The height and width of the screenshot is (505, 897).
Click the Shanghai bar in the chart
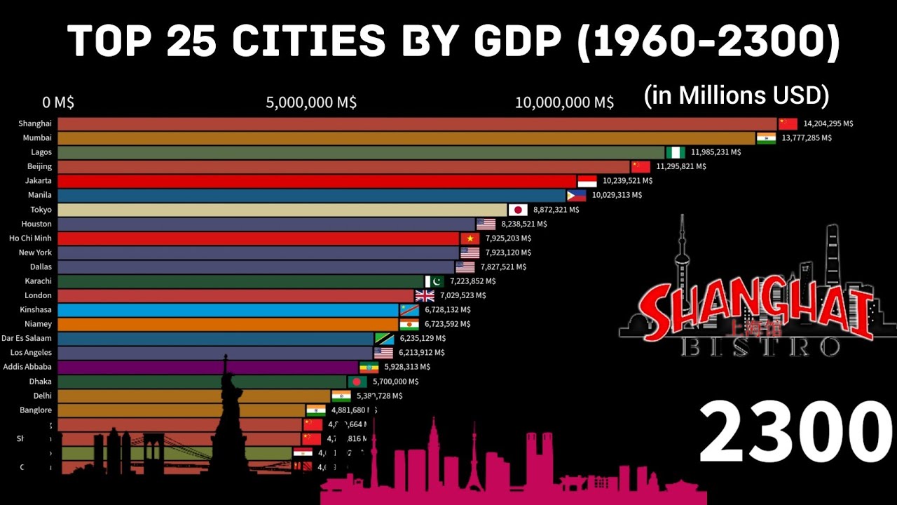pyautogui.click(x=417, y=123)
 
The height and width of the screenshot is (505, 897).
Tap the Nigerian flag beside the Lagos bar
pyautogui.click(x=676, y=152)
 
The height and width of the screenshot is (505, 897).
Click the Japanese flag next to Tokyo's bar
pyautogui.click(x=518, y=210)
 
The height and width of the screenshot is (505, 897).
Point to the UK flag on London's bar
pyautogui.click(x=425, y=295)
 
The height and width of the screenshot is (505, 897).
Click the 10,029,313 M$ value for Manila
pyautogui.click(x=617, y=195)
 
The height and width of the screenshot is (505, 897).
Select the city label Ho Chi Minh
pyautogui.click(x=30, y=238)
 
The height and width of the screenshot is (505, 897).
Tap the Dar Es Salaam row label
pyautogui.click(x=27, y=338)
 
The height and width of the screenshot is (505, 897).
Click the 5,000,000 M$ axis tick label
pyautogui.click(x=311, y=102)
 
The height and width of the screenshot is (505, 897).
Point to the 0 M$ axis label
pyautogui.click(x=58, y=102)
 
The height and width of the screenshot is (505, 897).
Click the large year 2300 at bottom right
pyautogui.click(x=795, y=433)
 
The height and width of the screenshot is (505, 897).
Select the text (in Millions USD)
pyautogui.click(x=737, y=95)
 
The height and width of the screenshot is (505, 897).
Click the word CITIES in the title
pyautogui.click(x=308, y=42)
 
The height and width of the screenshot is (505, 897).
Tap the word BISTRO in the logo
pyautogui.click(x=761, y=346)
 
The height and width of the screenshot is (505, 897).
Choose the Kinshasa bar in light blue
pyautogui.click(x=228, y=310)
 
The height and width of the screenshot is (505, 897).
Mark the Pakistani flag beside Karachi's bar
pyautogui.click(x=434, y=281)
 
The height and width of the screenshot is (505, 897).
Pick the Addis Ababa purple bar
pyautogui.click(x=207, y=367)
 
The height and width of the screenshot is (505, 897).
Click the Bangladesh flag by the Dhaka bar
pyautogui.click(x=357, y=382)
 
